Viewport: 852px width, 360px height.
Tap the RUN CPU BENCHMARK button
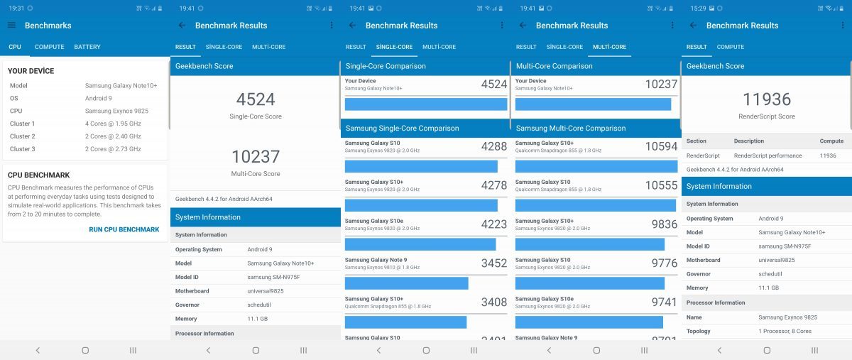pos(124,229)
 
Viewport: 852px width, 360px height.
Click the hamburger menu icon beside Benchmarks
pos(11,26)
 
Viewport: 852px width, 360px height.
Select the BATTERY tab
pos(87,47)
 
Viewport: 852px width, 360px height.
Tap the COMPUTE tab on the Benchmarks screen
pos(50,47)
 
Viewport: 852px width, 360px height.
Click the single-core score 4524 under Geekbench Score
pos(256,99)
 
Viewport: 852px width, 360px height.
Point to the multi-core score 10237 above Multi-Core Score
pos(256,156)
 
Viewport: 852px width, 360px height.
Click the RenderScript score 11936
pos(766,99)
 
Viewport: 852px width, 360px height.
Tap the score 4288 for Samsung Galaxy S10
pos(494,147)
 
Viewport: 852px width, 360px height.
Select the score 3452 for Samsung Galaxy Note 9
pos(494,263)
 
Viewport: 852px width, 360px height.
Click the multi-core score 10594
pos(661,147)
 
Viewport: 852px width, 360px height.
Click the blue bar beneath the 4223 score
pos(420,244)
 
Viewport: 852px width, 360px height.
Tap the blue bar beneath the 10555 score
pos(595,205)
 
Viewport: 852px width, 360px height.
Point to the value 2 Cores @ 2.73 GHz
pos(113,149)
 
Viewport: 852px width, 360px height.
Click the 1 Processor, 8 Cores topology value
pos(785,331)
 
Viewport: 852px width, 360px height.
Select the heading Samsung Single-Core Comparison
pos(402,129)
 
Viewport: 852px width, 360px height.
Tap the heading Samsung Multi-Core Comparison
pos(571,129)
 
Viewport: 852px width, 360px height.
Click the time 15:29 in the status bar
pos(698,8)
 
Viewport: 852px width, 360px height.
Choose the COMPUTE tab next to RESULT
pos(731,47)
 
